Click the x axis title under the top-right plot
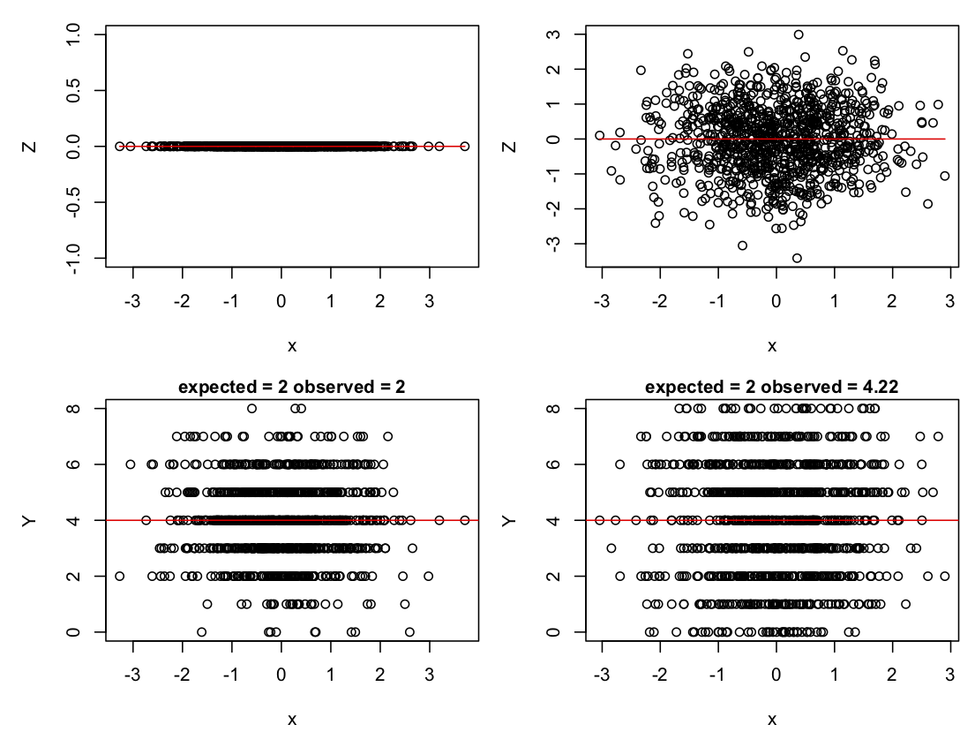[772, 345]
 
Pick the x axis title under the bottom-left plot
[291, 719]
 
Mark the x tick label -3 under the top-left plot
[133, 300]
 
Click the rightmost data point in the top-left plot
[465, 146]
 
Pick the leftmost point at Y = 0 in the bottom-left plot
[202, 632]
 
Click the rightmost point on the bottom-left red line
[465, 520]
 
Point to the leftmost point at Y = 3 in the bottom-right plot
[611, 548]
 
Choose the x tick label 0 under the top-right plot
[776, 300]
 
